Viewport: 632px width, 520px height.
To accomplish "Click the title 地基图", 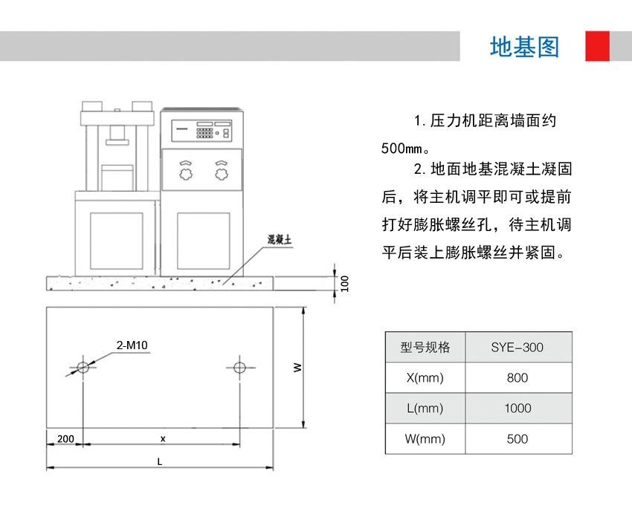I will click(524, 47).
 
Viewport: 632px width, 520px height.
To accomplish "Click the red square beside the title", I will click(597, 46).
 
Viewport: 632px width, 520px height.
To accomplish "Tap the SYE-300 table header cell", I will click(517, 347).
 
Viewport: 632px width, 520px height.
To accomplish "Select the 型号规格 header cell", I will click(425, 347).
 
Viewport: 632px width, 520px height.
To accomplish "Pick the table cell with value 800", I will click(517, 377).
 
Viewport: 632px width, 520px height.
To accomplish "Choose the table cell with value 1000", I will click(517, 408).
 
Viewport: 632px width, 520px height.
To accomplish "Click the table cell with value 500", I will click(517, 438).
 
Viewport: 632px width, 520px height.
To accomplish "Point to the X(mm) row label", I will click(425, 377).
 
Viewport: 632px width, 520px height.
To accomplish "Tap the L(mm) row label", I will click(425, 408).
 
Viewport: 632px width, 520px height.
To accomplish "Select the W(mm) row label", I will click(425, 438).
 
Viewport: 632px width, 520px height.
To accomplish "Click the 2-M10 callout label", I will click(132, 345).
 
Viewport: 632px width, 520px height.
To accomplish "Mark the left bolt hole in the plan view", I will click(83, 367).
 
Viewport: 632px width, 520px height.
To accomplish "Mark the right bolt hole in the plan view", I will click(239, 367).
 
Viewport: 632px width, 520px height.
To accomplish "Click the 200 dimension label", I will click(65, 438).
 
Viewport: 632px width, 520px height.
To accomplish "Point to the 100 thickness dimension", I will click(344, 282).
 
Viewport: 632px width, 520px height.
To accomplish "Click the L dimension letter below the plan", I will click(160, 461).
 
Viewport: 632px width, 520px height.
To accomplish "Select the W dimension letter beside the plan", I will click(297, 367).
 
